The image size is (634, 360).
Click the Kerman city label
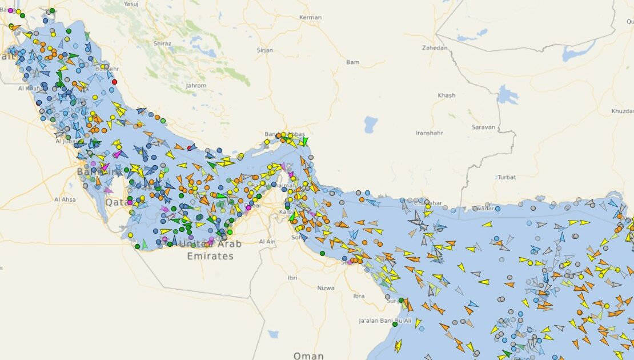point(311,18)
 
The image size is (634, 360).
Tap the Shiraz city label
point(162,43)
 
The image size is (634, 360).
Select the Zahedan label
point(435,48)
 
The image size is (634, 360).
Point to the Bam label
point(353,62)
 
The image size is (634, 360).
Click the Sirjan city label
point(265,50)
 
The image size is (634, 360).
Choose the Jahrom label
point(196,86)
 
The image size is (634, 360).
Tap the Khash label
point(446,95)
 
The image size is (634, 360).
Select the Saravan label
point(483,127)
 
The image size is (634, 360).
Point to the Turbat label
point(507,177)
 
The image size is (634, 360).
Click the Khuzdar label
point(622,111)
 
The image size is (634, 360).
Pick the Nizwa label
point(326,288)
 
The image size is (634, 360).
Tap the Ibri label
point(292,278)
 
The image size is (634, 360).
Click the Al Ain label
point(267,242)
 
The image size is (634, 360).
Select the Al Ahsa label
point(65,199)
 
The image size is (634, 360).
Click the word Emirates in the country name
point(210,256)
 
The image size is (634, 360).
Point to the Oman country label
point(308,355)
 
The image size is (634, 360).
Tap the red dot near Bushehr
point(114,82)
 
